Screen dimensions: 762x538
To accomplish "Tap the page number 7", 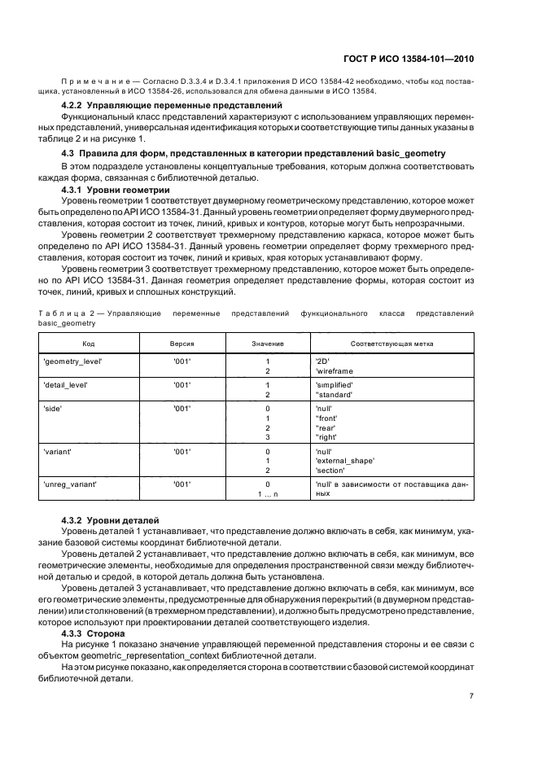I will pyautogui.click(x=471, y=696).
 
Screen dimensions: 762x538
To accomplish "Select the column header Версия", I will pyautogui.click(x=182, y=344).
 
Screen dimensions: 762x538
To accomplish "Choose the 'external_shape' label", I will pyautogui.click(x=344, y=461).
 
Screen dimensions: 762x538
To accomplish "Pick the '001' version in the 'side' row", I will pyautogui.click(x=182, y=408).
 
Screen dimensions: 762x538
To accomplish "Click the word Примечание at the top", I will pyautogui.click(x=92, y=81).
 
